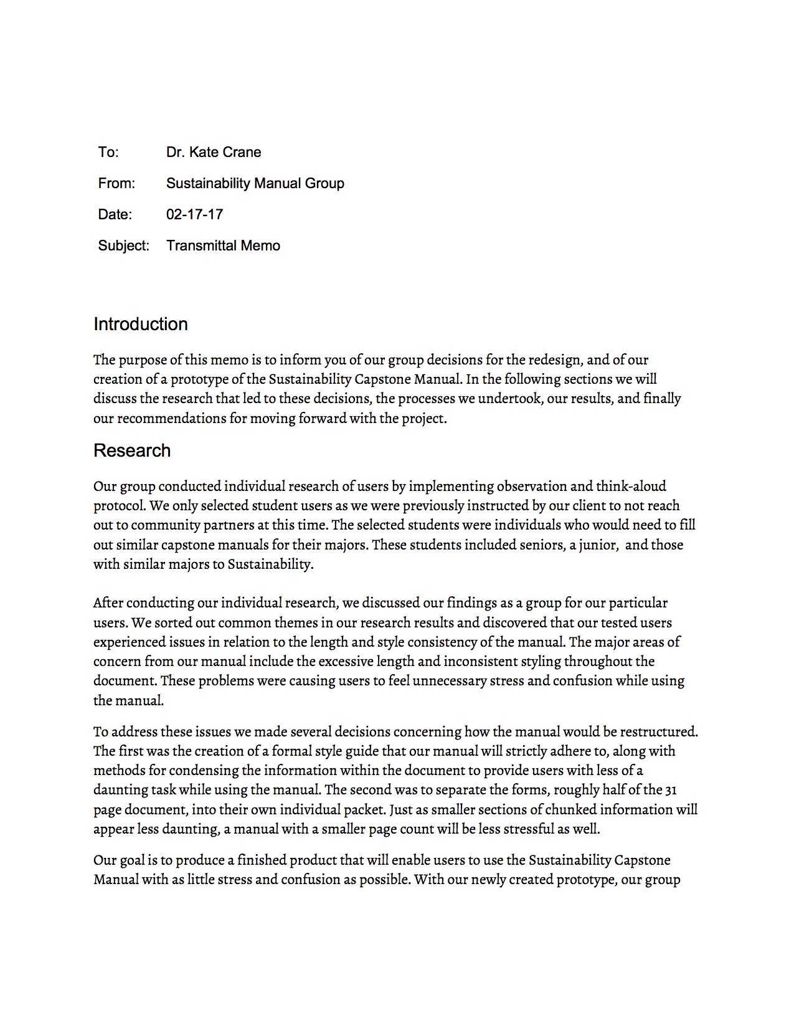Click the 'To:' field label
tap(108, 153)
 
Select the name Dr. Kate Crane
tap(214, 153)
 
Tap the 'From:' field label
tap(116, 184)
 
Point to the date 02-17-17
tap(194, 215)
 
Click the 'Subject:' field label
tap(123, 246)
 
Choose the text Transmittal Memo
tap(223, 246)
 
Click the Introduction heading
tap(141, 325)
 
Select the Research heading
tap(132, 451)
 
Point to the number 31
tap(671, 790)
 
